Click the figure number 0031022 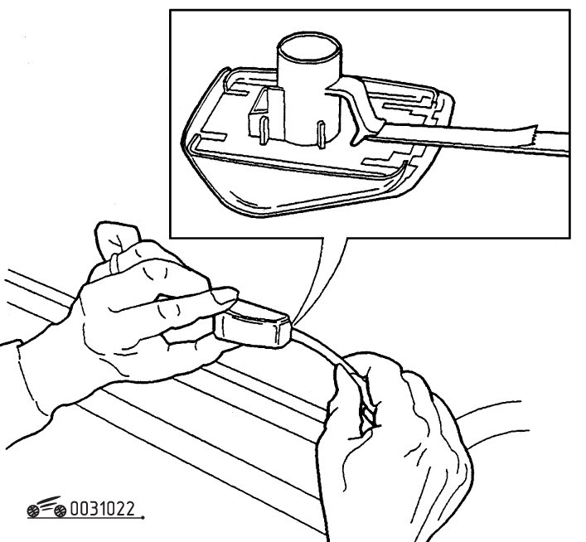(x=102, y=509)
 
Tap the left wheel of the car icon (x=33, y=511)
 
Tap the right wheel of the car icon (x=60, y=511)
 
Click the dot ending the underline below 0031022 (x=143, y=518)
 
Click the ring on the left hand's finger (x=115, y=263)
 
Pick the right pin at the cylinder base (x=321, y=133)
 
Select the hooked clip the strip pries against (x=357, y=112)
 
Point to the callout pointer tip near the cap (x=293, y=322)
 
